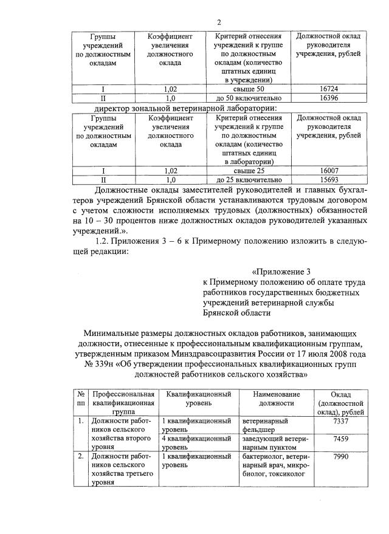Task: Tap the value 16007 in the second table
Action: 328,171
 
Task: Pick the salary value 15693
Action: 328,180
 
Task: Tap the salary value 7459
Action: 340,439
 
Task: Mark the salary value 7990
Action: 340,456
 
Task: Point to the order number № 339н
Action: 100,365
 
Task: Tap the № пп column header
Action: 80,399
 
